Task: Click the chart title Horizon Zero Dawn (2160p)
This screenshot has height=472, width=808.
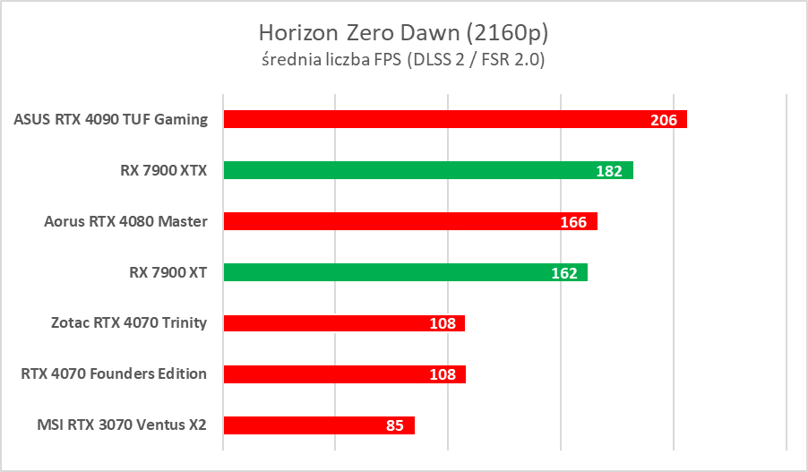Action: click(403, 33)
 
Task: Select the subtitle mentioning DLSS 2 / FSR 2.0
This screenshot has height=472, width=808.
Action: click(403, 60)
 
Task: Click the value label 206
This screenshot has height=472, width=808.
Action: click(663, 120)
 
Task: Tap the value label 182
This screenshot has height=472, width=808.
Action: click(609, 171)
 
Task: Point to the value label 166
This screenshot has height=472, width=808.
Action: click(573, 222)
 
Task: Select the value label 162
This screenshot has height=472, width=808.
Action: click(564, 273)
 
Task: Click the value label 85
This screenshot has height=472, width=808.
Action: click(395, 426)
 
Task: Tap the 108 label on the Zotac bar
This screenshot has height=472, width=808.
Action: click(443, 324)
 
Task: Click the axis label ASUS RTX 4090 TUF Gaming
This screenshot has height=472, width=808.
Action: click(111, 119)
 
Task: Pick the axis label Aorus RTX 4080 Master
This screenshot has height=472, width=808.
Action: click(125, 221)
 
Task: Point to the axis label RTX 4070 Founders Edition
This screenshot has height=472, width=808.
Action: click(114, 373)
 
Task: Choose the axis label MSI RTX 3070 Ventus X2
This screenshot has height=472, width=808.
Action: click(116, 425)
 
